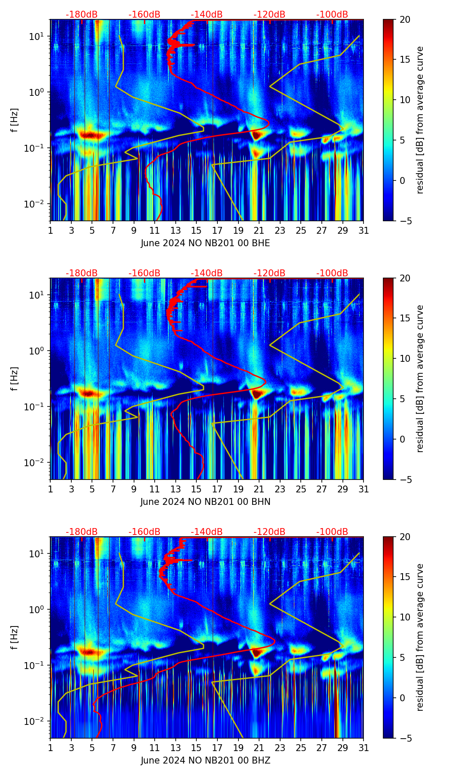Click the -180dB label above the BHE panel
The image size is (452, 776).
tap(82, 15)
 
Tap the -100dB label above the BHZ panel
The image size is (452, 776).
tap(332, 532)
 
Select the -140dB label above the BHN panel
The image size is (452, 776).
tap(207, 273)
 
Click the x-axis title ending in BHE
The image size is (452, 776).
tap(205, 243)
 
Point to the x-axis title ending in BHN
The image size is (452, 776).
tap(205, 502)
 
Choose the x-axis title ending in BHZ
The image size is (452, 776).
tap(205, 761)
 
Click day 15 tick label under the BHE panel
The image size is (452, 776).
tap(196, 231)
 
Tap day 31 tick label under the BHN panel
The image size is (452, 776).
tap(363, 489)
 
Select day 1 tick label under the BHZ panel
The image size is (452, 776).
tap(51, 748)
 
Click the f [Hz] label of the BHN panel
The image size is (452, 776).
tap(15, 379)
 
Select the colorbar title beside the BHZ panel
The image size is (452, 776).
tap(420, 637)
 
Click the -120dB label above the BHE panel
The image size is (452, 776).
tap(269, 15)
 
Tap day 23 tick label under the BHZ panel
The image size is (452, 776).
tap(280, 748)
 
